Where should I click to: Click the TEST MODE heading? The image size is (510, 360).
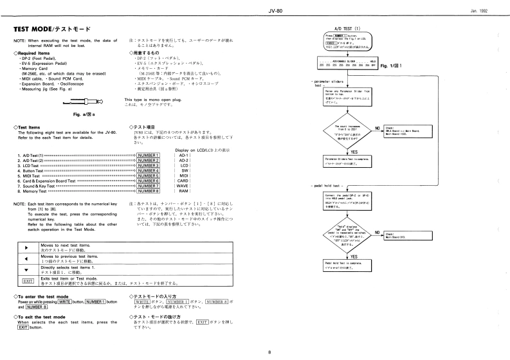51,29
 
